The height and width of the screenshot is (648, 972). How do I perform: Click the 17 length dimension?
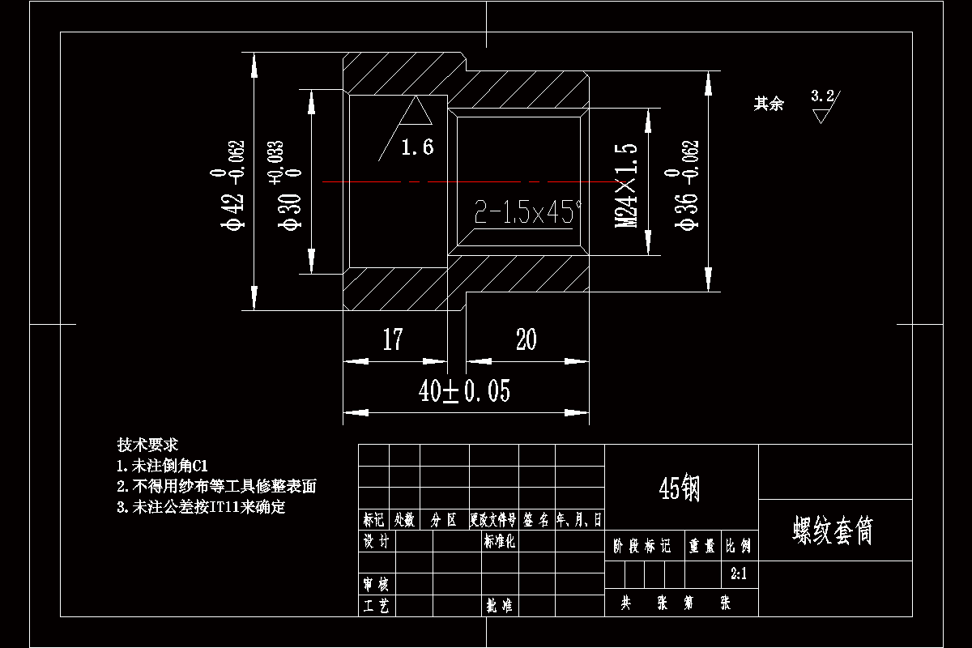point(393,339)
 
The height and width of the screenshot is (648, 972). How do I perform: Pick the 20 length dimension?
point(526,339)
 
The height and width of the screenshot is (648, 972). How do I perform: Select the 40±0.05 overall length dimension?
point(464,392)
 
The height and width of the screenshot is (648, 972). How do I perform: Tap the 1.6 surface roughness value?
point(417,147)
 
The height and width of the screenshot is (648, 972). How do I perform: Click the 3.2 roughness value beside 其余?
point(822,96)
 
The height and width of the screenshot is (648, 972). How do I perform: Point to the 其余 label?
point(769,104)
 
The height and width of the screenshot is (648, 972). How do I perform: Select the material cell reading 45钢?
point(680,488)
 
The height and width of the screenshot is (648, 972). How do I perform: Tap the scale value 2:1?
point(739,574)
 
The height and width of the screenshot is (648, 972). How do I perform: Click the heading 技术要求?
point(147,445)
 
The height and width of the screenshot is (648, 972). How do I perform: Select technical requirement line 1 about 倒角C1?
point(163,466)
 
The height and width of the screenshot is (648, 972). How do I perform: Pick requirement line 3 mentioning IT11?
point(201,508)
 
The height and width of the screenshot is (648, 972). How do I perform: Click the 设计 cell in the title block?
point(376,541)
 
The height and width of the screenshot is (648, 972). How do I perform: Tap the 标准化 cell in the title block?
point(500,541)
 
